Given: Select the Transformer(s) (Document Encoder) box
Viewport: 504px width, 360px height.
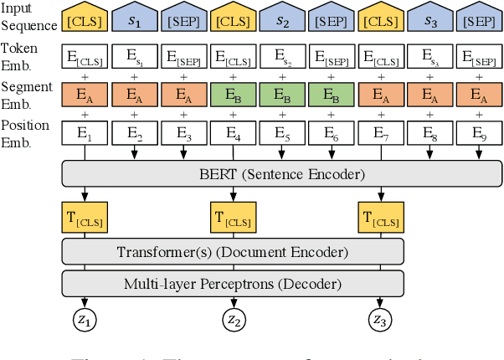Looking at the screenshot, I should coord(234,251).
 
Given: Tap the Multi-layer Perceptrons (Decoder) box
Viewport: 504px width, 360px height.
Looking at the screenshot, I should coord(234,283).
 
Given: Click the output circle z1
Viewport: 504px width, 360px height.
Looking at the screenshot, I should coord(85,319).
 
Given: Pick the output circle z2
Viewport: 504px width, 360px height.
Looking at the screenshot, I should coord(234,319).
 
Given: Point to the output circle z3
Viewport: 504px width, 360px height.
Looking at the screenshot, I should coord(381,319).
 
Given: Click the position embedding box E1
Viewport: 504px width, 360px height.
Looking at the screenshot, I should coord(85,131).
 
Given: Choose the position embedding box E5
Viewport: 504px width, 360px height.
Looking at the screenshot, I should coord(283,131).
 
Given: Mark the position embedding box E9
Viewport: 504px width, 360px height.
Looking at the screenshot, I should coord(480,131).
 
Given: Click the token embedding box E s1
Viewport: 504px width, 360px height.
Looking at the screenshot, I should coord(135,58).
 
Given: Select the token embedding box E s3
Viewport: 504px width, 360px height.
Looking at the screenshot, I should coord(430,58).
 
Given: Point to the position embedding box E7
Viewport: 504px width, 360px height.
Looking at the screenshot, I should coord(381,131).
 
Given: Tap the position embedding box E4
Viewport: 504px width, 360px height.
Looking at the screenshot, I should coord(234,131).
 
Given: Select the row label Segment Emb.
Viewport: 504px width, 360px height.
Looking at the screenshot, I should coord(28,94).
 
